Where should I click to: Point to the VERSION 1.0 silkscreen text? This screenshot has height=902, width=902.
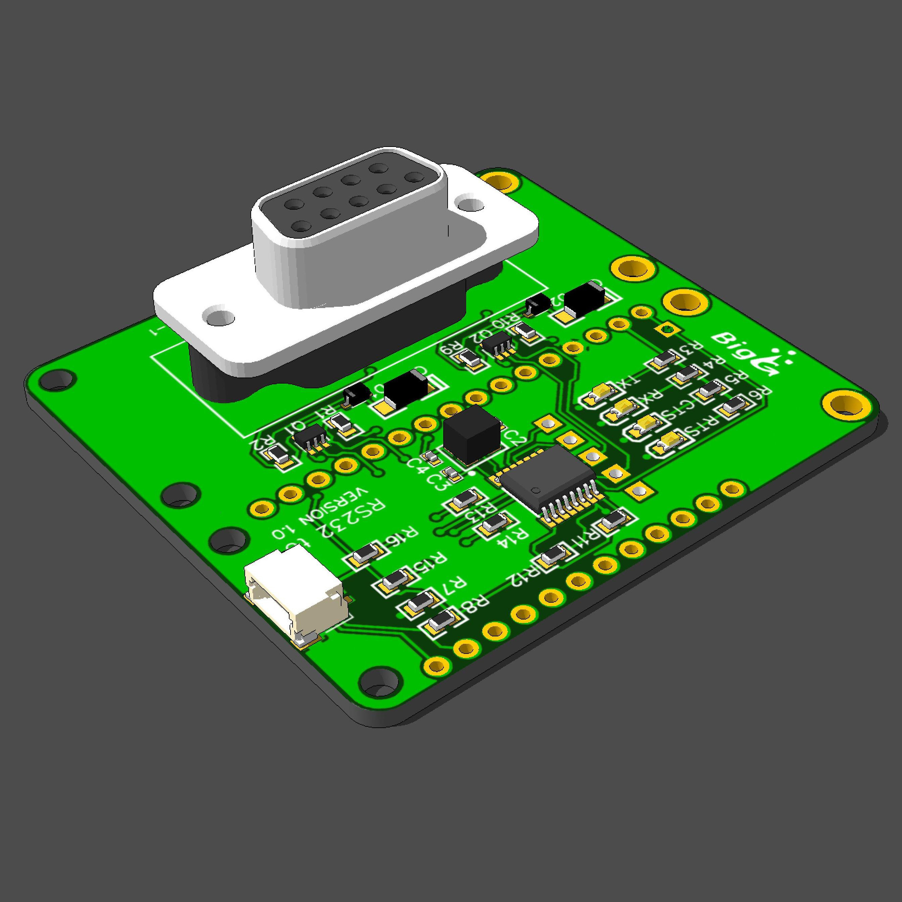[x=322, y=514]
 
